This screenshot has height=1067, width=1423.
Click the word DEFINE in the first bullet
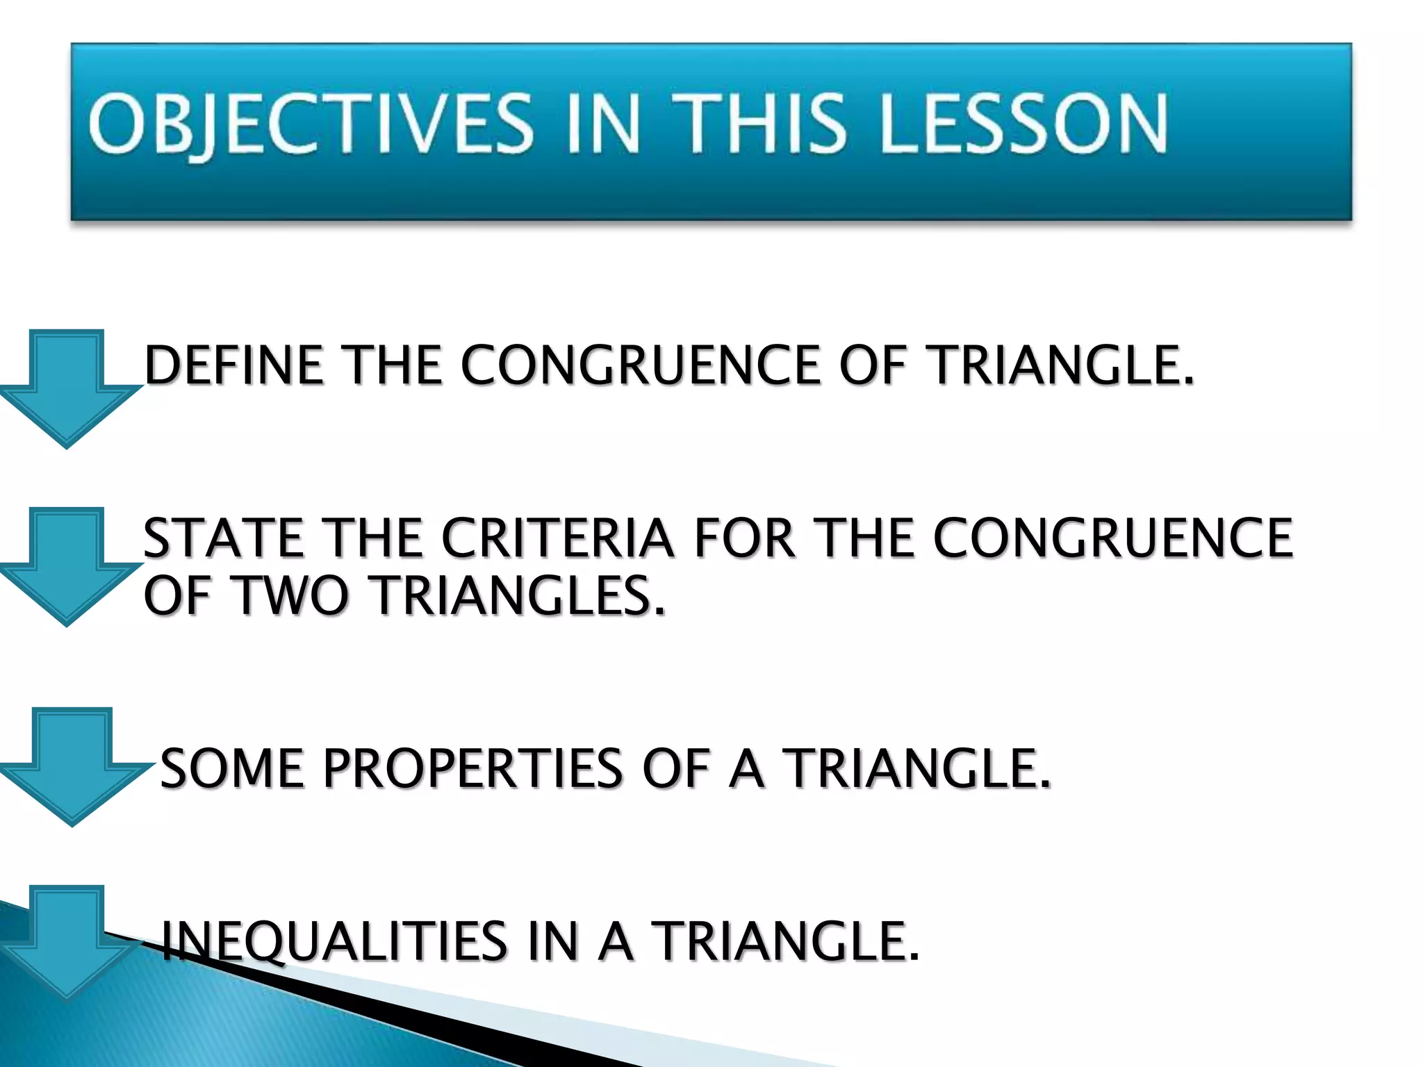tap(233, 365)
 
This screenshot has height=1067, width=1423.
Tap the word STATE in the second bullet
tap(223, 538)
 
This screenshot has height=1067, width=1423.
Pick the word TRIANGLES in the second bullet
tap(518, 596)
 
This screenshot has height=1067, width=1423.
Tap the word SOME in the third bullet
tap(232, 769)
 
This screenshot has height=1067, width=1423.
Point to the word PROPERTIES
tap(473, 769)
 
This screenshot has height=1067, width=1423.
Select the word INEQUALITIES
tap(334, 941)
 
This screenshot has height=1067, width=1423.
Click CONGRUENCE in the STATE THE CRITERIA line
tap(1112, 538)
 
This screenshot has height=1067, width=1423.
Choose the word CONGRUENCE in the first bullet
tap(639, 365)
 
